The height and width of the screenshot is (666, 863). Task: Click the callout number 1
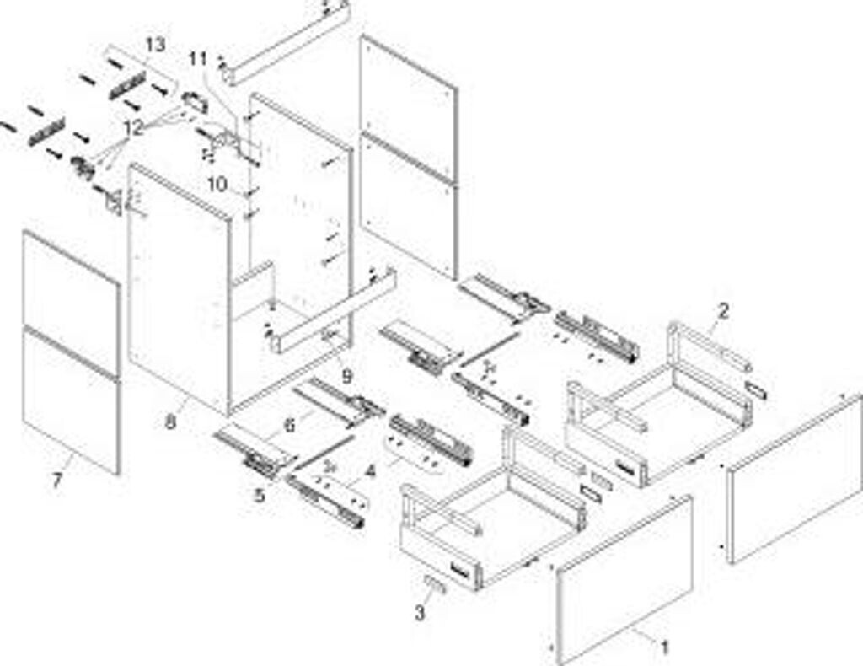[x=664, y=647]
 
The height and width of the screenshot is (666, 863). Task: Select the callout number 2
[x=722, y=311]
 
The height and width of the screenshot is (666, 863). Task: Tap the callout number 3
[x=420, y=614]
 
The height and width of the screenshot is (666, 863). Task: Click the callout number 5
[x=260, y=496]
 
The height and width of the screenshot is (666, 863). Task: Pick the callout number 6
[x=289, y=426]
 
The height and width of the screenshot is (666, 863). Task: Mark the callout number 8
[x=170, y=422]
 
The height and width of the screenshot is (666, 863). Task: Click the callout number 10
[x=217, y=184]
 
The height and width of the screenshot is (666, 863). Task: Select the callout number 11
[x=197, y=59]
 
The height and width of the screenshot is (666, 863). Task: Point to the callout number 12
[x=133, y=128]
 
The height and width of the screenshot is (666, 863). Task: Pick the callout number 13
[x=155, y=44]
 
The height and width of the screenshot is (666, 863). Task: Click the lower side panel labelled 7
[x=72, y=400]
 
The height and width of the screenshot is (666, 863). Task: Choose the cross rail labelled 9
[x=333, y=312]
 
